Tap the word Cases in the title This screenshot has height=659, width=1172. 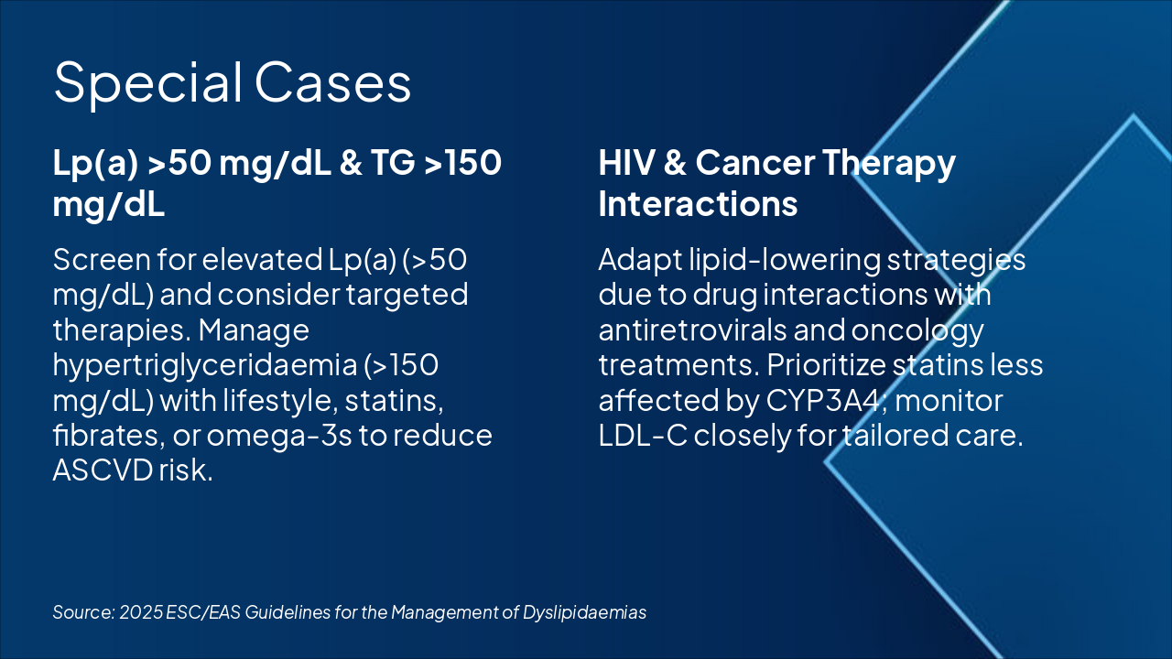point(332,82)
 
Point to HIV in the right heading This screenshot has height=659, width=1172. point(626,162)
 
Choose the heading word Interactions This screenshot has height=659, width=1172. point(698,203)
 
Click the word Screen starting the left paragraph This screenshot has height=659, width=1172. point(102,259)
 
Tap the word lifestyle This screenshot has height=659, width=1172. point(280,402)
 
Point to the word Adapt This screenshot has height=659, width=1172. point(640,261)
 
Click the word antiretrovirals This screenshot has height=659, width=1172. point(693,330)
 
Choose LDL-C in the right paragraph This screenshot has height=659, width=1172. point(643,435)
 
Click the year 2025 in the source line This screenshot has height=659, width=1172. point(141,612)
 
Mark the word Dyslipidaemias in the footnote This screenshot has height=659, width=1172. point(585,613)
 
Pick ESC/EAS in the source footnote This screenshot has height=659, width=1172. point(203,612)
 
